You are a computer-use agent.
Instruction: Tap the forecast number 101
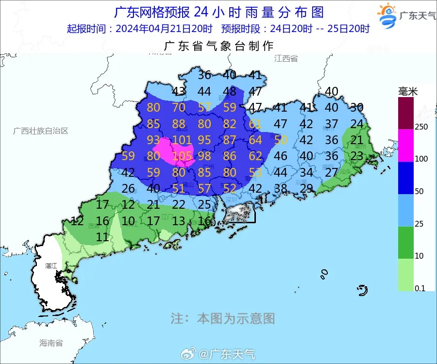coord(182,140)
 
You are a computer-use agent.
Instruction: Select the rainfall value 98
coord(204,156)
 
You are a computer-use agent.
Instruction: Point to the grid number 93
coord(153,140)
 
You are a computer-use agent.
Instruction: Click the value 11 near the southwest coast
coord(102,237)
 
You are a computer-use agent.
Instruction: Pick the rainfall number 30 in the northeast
coord(357,108)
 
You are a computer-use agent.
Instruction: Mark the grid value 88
coord(179,124)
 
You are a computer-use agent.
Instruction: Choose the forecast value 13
coord(179,221)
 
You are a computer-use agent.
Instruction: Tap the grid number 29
coord(306,188)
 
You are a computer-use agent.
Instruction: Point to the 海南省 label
coord(51,343)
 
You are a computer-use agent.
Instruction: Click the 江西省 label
coord(286,58)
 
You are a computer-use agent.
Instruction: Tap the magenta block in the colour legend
coord(406,146)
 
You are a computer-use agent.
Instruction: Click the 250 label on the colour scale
coord(421,127)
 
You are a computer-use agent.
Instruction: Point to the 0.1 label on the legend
coord(420,288)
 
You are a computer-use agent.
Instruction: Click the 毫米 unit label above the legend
coord(408,91)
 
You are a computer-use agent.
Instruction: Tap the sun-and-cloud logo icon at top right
coord(387,16)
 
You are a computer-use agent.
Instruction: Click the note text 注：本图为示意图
coord(223,318)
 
